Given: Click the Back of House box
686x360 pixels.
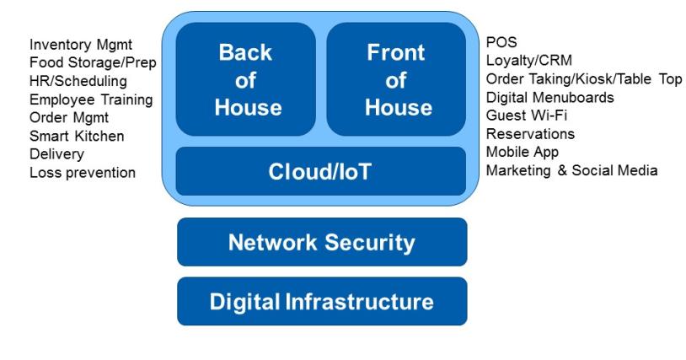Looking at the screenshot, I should pos(245,79).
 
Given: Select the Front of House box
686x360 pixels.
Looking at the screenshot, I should pos(395,79).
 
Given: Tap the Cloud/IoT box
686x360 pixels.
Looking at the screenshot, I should pos(320,171).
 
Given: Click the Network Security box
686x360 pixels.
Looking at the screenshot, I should pos(322,243).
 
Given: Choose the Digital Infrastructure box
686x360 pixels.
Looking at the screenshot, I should pos(322,301).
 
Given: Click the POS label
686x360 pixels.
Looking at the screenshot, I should pos(501,42).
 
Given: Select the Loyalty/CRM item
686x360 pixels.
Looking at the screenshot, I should pos(523,61).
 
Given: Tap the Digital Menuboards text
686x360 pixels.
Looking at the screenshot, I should pos(549,97).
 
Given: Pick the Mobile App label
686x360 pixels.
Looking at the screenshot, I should pos(523,152).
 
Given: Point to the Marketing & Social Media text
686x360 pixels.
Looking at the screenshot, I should pos(572,170).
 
